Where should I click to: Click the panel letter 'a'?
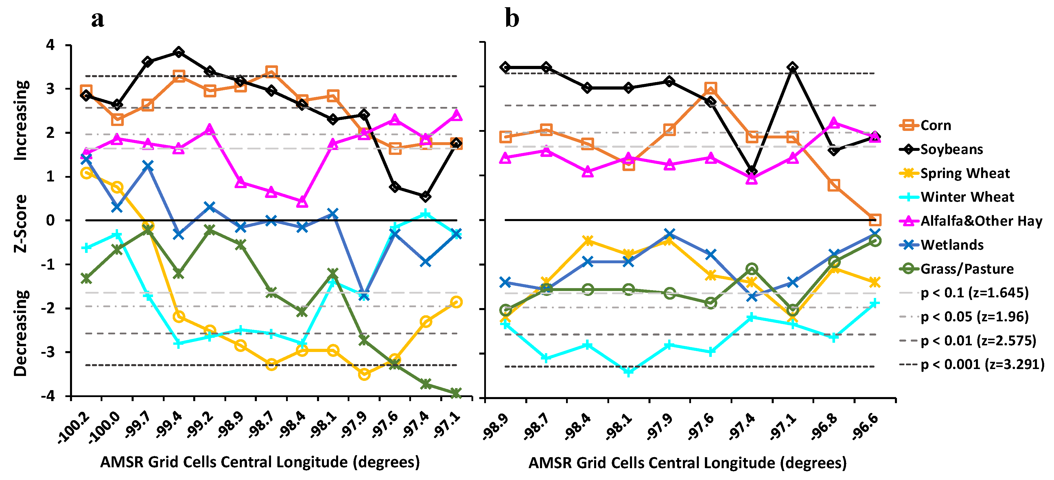click(97, 19)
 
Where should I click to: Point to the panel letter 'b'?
click(512, 19)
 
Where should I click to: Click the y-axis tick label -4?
click(48, 396)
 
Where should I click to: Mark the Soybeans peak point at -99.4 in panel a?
click(178, 52)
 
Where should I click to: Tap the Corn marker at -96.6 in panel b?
click(874, 220)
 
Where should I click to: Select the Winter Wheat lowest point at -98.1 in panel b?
click(629, 372)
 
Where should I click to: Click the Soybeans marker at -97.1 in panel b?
click(793, 67)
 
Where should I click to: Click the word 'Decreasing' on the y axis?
click(21, 333)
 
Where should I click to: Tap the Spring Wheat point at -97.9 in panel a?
click(364, 374)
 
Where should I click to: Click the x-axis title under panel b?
click(688, 463)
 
